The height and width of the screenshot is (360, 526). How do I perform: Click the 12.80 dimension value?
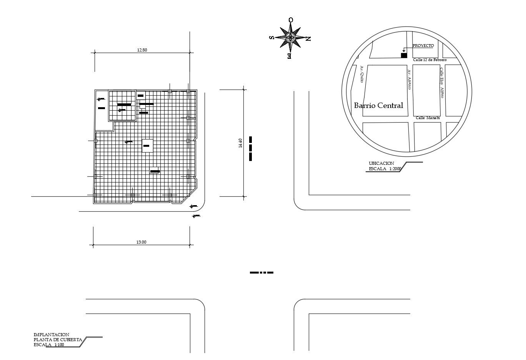142,50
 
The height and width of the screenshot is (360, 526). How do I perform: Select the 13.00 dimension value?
141,242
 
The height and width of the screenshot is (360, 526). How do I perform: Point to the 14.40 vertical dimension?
241,143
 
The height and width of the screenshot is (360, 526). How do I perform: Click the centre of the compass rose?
291,38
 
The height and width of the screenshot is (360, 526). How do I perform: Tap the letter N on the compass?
308,38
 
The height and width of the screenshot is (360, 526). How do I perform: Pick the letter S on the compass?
271,38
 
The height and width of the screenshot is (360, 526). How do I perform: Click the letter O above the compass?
291,20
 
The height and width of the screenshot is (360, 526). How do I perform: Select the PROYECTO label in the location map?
423,46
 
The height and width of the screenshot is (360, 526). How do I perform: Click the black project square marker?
404,55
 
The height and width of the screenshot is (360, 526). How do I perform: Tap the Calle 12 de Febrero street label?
430,60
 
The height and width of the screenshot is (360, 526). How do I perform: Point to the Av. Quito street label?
362,74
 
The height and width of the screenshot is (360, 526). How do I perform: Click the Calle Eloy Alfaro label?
442,83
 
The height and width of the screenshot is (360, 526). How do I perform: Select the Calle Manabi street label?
428,118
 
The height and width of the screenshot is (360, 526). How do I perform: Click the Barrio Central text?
378,105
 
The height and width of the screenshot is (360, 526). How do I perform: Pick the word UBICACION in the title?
381,163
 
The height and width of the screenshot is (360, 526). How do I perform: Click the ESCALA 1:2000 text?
385,169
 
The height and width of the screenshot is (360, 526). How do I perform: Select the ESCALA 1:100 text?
49,345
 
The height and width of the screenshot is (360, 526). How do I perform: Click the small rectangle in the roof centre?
147,146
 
